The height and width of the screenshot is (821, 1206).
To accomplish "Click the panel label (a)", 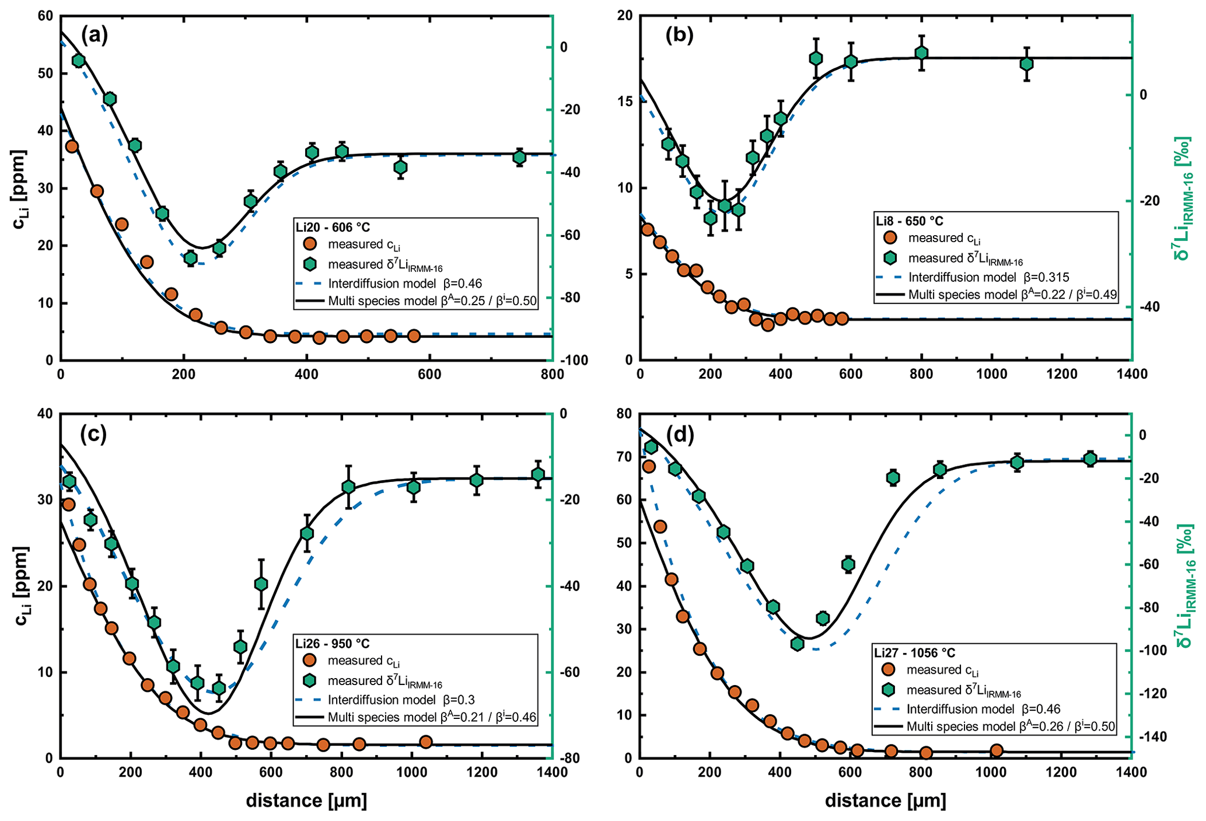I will pos(95,36).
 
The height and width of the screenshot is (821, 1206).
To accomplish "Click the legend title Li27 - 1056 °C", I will pos(914,653).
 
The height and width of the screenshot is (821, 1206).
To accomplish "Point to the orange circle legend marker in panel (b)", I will pos(890,237).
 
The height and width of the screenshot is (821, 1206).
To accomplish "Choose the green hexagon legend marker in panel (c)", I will pos(310,680).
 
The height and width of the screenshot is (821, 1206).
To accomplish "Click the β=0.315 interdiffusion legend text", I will pos(988,277).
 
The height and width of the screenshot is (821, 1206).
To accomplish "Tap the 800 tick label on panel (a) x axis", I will pos(552,375).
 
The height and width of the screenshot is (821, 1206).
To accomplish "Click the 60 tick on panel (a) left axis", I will pos(46,16).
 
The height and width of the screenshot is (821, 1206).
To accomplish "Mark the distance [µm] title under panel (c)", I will pos(306,801).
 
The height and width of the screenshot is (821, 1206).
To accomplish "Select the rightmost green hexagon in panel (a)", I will pos(520,157).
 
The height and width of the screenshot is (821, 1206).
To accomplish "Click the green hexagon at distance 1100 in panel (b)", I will pos(1027,64).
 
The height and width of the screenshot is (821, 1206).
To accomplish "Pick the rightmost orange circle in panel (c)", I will pos(426,742).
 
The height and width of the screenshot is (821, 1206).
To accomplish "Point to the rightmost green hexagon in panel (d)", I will pos(1090,459).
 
